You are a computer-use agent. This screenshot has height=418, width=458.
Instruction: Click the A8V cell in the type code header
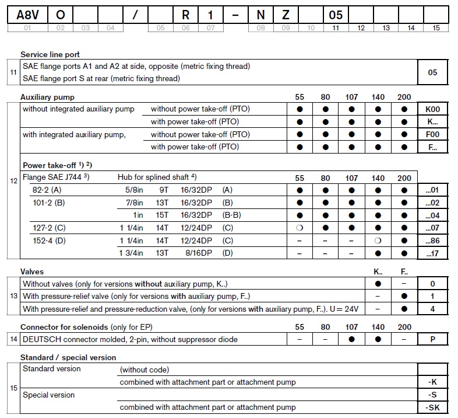tap(27, 13)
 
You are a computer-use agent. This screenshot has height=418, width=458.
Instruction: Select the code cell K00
tap(432, 109)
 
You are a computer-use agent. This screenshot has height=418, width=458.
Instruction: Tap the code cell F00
tap(432, 134)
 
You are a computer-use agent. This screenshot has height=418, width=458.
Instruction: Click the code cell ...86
tap(433, 241)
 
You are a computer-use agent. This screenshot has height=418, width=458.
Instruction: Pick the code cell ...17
tap(433, 253)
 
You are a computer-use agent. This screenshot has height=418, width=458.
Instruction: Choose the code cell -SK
tap(432, 407)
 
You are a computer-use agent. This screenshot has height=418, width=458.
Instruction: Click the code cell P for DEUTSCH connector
tap(432, 339)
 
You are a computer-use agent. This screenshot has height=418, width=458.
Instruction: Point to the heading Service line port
tap(50, 54)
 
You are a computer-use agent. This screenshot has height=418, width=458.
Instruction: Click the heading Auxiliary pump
tap(47, 97)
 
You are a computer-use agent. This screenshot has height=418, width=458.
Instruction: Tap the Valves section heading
tap(32, 271)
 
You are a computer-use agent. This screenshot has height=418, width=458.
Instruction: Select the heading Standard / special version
tap(68, 357)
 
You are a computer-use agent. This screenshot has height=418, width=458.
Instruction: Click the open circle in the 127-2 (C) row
tap(300, 228)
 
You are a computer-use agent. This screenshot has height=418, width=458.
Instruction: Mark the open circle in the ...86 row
tap(378, 241)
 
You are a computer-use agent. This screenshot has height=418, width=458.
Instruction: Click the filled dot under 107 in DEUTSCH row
tap(351, 339)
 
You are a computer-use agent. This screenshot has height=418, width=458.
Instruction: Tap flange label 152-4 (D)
tap(48, 241)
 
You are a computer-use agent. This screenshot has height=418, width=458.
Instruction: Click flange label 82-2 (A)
tap(47, 190)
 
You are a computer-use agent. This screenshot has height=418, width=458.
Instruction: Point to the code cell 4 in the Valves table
tap(432, 309)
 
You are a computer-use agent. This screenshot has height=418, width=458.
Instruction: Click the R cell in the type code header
tap(185, 13)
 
